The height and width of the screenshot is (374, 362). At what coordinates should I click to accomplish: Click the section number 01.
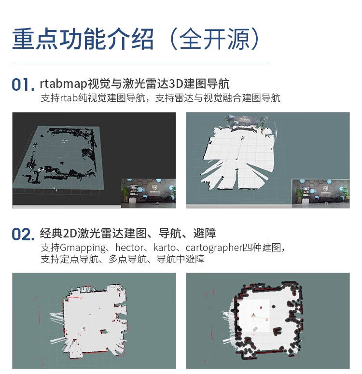[23, 84]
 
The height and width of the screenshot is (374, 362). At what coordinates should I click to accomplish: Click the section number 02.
[23, 234]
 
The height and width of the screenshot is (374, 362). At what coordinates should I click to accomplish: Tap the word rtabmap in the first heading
[64, 84]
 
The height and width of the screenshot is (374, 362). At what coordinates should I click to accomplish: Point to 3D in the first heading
[176, 83]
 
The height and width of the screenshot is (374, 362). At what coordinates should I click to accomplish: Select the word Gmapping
[83, 248]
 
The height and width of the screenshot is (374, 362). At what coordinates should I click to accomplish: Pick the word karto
[164, 248]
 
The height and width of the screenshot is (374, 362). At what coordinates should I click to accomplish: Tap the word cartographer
[214, 248]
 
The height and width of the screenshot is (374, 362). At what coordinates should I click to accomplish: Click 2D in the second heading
[69, 233]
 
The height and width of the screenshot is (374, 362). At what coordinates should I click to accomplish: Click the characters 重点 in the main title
[35, 39]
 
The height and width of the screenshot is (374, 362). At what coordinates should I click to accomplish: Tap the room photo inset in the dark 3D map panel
[149, 193]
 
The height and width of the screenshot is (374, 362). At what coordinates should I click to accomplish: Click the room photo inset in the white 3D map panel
[320, 194]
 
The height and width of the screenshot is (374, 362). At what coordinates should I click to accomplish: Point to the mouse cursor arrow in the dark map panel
[56, 189]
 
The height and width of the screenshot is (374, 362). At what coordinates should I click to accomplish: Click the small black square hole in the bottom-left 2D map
[103, 332]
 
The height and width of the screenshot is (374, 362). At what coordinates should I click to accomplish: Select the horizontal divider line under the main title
[141, 62]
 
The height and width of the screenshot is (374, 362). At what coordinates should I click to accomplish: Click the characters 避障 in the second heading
[205, 233]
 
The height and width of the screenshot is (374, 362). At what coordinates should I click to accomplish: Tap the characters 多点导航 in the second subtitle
[127, 259]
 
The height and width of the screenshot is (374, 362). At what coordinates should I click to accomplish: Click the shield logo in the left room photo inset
[153, 187]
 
